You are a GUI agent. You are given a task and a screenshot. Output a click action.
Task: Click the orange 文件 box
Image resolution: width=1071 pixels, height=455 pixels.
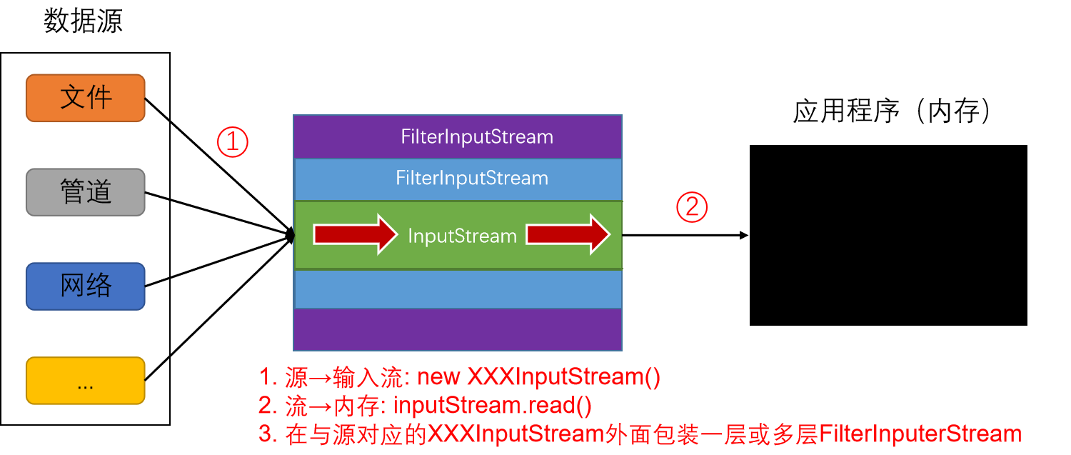point(86,98)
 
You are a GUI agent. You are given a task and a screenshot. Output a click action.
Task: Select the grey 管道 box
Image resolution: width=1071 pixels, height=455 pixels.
point(86,192)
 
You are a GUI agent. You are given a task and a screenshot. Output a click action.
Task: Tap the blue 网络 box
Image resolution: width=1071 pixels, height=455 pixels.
point(86,286)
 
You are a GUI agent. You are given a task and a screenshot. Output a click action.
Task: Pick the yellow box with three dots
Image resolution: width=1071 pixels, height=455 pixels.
point(86,381)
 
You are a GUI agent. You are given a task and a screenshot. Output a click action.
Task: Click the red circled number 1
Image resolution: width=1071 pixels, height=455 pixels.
point(232,142)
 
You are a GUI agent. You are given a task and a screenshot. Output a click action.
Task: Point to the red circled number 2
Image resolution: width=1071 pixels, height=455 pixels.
point(692,207)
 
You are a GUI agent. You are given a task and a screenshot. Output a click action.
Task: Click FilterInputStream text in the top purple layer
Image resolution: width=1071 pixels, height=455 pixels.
point(477,137)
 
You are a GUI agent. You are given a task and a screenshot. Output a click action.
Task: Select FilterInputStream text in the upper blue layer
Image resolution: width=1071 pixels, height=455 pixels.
point(472,178)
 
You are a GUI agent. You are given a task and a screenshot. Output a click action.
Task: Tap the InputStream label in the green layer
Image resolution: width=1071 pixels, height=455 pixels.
point(462,236)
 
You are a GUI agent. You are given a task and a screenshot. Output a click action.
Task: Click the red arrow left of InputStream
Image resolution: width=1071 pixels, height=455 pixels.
point(355,234)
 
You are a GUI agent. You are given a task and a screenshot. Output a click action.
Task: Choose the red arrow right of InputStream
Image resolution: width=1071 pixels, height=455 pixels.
point(568,234)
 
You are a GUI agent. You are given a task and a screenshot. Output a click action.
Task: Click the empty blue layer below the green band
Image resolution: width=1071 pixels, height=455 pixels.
point(458,289)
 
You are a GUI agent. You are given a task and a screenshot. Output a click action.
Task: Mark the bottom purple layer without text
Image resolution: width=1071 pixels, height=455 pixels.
point(458,329)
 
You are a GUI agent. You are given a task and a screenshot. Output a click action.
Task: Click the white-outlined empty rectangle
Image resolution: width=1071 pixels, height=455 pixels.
point(888,235)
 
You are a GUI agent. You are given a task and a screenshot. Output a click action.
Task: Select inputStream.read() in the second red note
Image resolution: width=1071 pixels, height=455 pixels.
point(493,406)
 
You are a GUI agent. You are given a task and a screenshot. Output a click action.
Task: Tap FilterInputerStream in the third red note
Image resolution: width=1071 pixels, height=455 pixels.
point(920,434)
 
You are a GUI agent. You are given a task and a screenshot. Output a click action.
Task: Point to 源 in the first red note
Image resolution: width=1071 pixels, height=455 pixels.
point(296,377)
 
